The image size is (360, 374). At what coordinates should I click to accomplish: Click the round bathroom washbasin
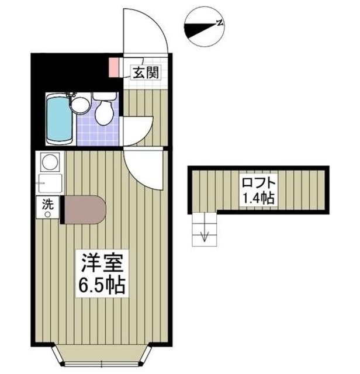(80, 105)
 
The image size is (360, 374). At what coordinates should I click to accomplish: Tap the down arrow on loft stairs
(205, 236)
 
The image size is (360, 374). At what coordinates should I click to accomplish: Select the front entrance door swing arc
(146, 29)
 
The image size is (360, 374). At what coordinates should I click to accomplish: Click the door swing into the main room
(143, 167)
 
